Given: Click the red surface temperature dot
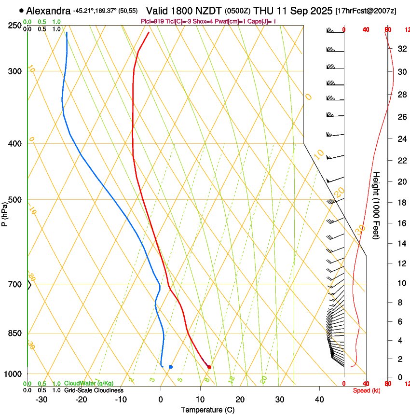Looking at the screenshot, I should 209,367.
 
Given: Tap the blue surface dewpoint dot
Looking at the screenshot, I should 171,367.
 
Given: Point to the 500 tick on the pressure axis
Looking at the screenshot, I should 14,200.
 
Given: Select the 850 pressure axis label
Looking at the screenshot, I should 14,333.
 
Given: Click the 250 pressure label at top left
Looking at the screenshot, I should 14,25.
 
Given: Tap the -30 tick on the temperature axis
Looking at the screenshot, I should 41,400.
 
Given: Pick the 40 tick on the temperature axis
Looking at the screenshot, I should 319,400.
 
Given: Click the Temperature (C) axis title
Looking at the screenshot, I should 207,410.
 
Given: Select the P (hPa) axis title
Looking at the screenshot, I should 5,211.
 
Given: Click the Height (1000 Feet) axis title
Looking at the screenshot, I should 377,205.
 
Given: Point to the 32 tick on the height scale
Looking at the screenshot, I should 401,49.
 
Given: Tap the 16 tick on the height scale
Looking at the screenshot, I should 401,223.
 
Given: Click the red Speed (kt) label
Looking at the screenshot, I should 367,390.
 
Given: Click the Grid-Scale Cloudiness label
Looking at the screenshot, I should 94,390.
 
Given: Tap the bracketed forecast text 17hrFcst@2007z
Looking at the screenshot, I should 366,11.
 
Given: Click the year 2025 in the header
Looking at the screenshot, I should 318,11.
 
